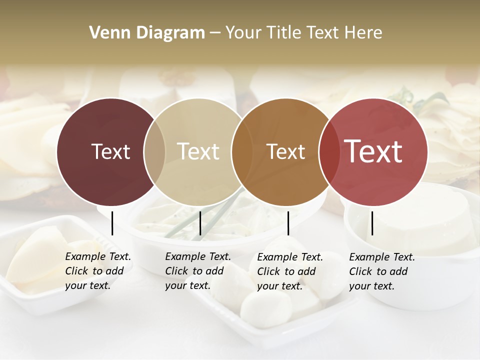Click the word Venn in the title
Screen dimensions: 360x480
click(x=106, y=32)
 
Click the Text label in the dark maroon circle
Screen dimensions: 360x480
click(x=110, y=151)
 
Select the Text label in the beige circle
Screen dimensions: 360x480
click(x=198, y=151)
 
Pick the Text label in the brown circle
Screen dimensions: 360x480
click(x=285, y=151)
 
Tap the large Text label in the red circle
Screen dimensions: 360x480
click(x=373, y=151)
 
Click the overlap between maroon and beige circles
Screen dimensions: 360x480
click(x=154, y=151)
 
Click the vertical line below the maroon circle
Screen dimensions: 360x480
click(x=112, y=223)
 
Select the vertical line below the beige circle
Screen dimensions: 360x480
click(x=200, y=223)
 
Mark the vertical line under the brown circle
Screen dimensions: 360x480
click(x=288, y=223)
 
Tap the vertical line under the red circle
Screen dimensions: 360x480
click(x=372, y=223)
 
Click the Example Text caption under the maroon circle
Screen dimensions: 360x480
click(x=98, y=271)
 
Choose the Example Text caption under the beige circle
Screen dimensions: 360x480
click(x=198, y=271)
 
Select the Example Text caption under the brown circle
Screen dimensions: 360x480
click(x=290, y=271)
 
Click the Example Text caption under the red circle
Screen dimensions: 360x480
click(x=382, y=271)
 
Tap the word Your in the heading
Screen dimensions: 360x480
click(x=243, y=32)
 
